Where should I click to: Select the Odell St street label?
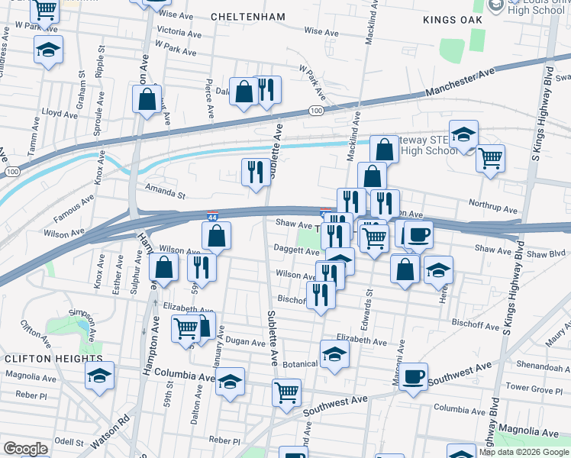69,442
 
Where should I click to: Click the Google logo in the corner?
25,449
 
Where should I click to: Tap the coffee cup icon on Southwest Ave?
414,376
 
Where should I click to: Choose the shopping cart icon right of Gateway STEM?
490,158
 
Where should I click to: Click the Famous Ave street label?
76,203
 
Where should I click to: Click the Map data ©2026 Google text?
523,452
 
